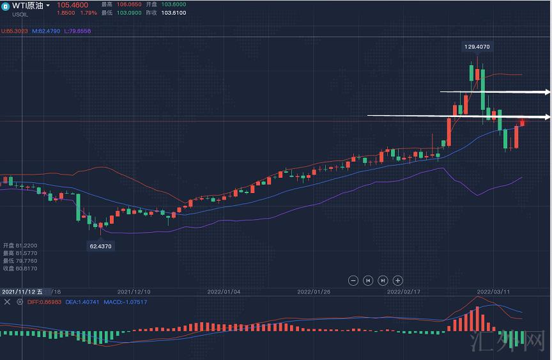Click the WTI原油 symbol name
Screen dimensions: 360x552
[27, 6]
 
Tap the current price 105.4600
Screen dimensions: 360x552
[73, 5]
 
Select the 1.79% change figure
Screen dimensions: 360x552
[88, 13]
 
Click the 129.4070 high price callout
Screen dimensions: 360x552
[477, 47]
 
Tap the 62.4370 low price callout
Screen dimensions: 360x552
[101, 246]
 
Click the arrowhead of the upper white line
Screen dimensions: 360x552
[548, 93]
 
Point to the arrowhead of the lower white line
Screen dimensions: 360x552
[548, 117]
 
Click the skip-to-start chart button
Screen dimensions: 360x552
[368, 280]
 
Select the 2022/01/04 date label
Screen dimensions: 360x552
[224, 292]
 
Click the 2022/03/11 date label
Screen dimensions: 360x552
[493, 292]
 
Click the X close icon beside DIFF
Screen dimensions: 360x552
[7, 302]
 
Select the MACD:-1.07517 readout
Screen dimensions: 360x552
[125, 302]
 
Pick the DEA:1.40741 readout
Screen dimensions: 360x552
[83, 302]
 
